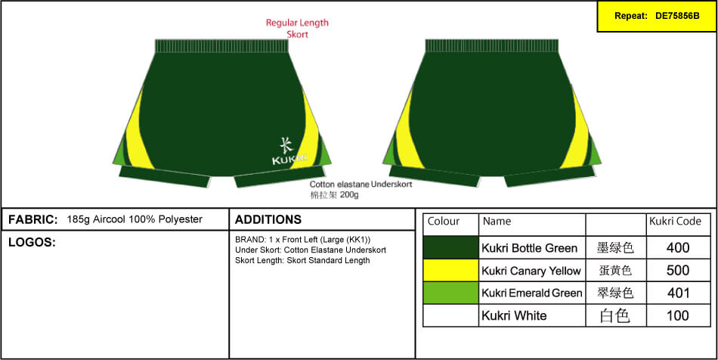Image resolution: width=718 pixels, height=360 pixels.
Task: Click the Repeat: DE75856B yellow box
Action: tap(656, 16)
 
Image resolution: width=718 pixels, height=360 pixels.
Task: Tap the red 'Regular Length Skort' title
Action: tap(297, 28)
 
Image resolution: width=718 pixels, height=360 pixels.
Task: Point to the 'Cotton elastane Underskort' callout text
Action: tap(361, 184)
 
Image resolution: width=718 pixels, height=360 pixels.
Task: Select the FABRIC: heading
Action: tap(33, 219)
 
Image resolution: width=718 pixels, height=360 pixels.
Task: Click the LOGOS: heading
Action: tap(32, 242)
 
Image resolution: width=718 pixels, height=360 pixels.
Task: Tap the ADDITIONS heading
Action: tap(268, 219)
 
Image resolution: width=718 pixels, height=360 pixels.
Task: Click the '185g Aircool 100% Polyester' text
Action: tap(135, 219)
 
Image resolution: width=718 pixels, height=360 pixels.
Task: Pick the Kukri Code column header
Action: tap(675, 222)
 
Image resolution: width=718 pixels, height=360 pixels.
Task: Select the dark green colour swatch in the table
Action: tap(451, 247)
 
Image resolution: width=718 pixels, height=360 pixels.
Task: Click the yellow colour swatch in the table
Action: tap(451, 270)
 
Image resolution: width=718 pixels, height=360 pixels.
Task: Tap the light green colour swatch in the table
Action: tap(451, 293)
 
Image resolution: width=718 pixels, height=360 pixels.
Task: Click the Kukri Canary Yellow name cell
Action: tap(531, 271)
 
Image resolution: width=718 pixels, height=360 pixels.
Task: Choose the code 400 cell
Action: tap(678, 247)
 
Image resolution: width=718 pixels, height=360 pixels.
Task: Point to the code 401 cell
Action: tap(678, 293)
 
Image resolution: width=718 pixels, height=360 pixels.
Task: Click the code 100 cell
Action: tap(678, 315)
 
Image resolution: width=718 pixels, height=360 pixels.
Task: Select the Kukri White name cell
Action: tap(514, 315)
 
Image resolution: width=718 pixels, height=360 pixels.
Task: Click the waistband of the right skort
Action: tap(492, 46)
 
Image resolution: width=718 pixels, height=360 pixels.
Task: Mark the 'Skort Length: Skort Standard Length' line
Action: tap(302, 260)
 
